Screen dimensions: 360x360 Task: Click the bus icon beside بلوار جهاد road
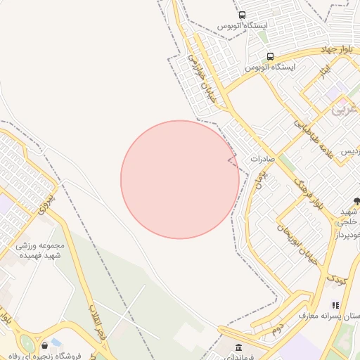coord(270,56)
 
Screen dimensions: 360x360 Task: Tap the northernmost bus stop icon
coord(243,15)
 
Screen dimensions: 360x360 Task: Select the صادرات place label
coord(260,159)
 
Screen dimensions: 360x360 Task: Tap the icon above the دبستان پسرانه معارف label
coord(336,305)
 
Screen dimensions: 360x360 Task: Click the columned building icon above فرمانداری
coord(238,347)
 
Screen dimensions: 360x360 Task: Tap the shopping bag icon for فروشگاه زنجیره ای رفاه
coord(46,345)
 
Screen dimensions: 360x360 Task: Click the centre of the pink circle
coord(179,179)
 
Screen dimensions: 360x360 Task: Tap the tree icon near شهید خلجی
coord(356,201)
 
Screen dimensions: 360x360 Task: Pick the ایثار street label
coord(324,70)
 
